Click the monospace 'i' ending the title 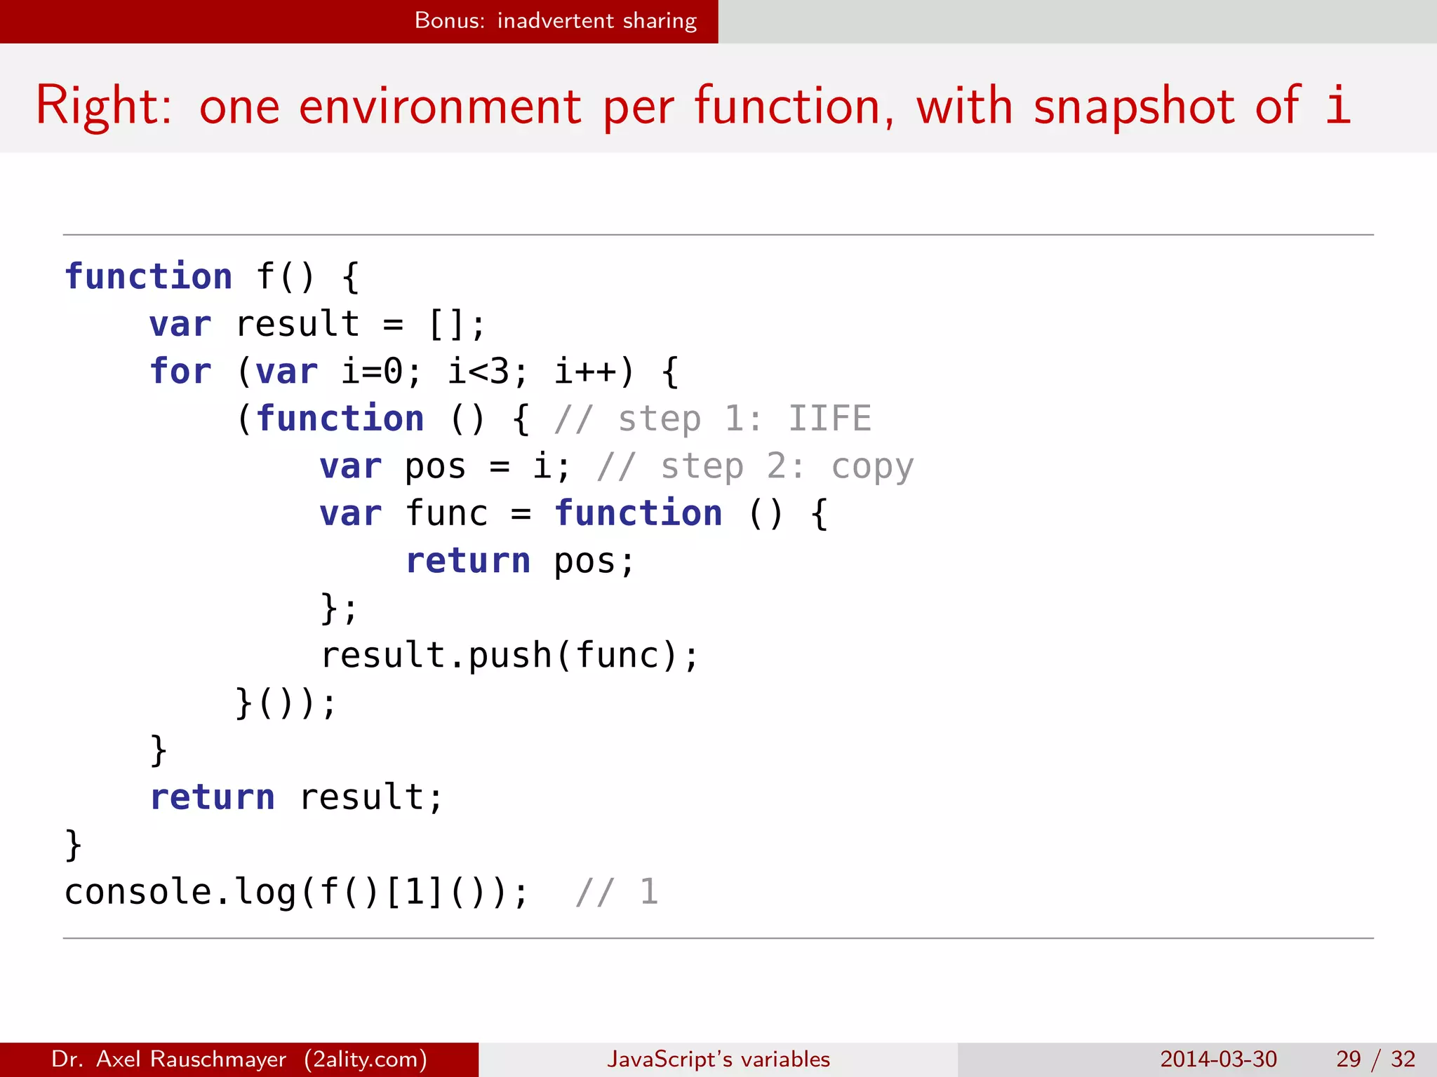pyautogui.click(x=1337, y=105)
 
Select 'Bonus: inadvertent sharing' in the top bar pyautogui.click(x=555, y=21)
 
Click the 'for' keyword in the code pyautogui.click(x=180, y=372)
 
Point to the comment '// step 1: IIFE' pyautogui.click(x=712, y=419)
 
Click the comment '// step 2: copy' pyautogui.click(x=755, y=467)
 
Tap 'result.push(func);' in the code pyautogui.click(x=509, y=656)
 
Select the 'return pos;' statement pyautogui.click(x=520, y=561)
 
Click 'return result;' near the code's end pyautogui.click(x=297, y=797)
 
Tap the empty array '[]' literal pyautogui.click(x=446, y=325)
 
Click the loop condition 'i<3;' pyautogui.click(x=487, y=372)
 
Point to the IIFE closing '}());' pyautogui.click(x=286, y=703)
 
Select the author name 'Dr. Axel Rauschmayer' pyautogui.click(x=168, y=1059)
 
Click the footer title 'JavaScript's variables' pyautogui.click(x=718, y=1059)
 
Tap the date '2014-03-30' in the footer pyautogui.click(x=1218, y=1059)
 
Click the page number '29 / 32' pyautogui.click(x=1375, y=1059)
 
